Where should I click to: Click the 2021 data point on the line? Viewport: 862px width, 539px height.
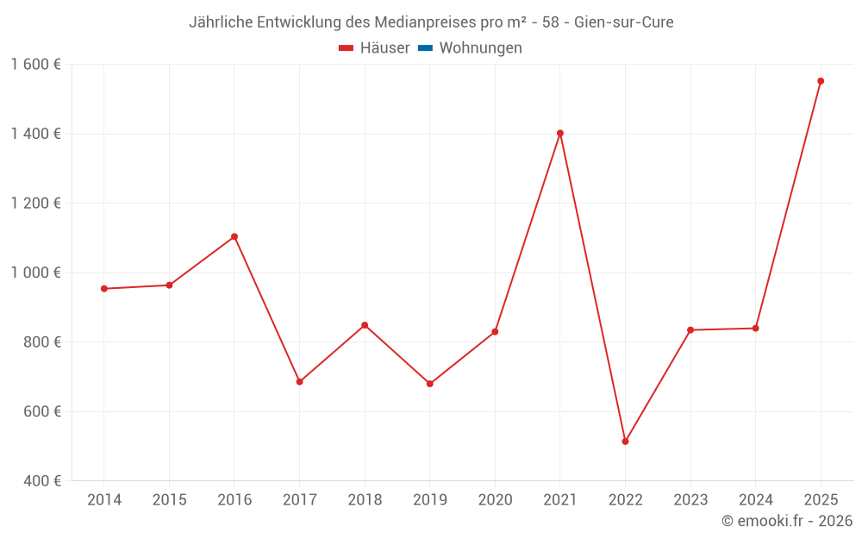pyautogui.click(x=560, y=133)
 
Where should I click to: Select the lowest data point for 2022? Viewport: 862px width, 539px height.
pyautogui.click(x=625, y=442)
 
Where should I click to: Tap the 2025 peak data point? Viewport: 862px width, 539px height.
pyautogui.click(x=821, y=81)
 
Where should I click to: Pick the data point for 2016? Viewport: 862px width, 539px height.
pyautogui.click(x=234, y=236)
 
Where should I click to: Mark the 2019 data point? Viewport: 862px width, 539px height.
pyautogui.click(x=430, y=384)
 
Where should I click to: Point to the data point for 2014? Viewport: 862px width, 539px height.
pyautogui.click(x=104, y=288)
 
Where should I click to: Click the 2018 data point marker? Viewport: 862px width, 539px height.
pyautogui.click(x=365, y=325)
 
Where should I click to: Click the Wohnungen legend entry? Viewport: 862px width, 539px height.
pyautogui.click(x=480, y=48)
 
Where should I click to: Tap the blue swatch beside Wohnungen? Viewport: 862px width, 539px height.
pyautogui.click(x=425, y=48)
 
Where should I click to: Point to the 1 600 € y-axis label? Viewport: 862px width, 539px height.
pyautogui.click(x=36, y=65)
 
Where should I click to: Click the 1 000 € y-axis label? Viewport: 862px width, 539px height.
pyautogui.click(x=36, y=273)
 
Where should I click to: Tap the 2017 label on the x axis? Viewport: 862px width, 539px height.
pyautogui.click(x=299, y=500)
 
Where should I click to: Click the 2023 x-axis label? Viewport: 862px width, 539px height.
pyautogui.click(x=690, y=500)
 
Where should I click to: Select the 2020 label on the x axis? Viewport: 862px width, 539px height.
pyautogui.click(x=495, y=500)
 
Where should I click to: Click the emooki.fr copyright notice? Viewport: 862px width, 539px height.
pyautogui.click(x=787, y=521)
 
